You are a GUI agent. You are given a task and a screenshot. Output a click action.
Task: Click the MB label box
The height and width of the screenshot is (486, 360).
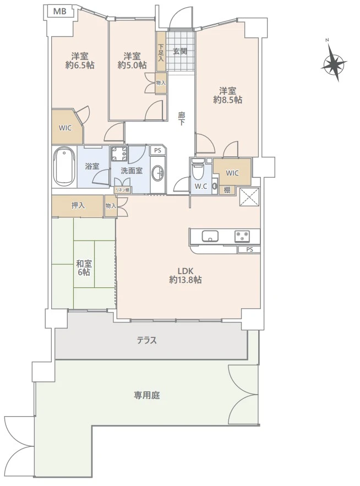pos(60,12)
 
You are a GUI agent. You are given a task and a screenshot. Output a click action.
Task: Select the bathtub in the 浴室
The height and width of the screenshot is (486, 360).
pos(64,166)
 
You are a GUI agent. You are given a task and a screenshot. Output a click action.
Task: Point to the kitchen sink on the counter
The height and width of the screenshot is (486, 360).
pos(210,236)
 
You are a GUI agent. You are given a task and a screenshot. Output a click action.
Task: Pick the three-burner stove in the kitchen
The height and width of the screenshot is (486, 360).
pos(242,237)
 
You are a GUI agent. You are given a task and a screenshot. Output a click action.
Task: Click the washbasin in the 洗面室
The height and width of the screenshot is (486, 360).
pos(159,173)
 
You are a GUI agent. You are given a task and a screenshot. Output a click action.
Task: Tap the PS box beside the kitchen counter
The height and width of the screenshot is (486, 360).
pos(249,249)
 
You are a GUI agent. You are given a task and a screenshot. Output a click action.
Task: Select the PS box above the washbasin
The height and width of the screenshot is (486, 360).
pos(158,151)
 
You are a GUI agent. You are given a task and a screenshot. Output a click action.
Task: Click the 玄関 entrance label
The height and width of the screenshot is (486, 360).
pos(180,51)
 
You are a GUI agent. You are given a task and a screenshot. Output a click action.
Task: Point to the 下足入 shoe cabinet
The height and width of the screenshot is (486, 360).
pos(161,51)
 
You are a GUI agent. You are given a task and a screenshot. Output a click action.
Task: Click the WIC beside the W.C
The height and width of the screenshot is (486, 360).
pos(232,172)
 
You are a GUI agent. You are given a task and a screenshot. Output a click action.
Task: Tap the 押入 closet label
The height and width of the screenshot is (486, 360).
pos(78,205)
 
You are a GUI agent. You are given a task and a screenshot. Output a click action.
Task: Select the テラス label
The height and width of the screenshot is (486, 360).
pos(147,341)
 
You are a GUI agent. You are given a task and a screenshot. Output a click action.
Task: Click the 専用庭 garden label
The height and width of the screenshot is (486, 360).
pos(147,395)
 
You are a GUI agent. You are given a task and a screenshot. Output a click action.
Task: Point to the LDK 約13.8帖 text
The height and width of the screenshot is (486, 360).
pos(186,275)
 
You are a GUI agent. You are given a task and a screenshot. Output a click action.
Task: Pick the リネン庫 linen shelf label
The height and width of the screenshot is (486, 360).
pos(123,190)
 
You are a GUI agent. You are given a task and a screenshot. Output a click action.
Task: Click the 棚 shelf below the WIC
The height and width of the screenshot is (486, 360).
pos(227,190)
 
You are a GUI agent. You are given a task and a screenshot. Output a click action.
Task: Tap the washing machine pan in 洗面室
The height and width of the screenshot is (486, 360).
pos(119,154)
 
